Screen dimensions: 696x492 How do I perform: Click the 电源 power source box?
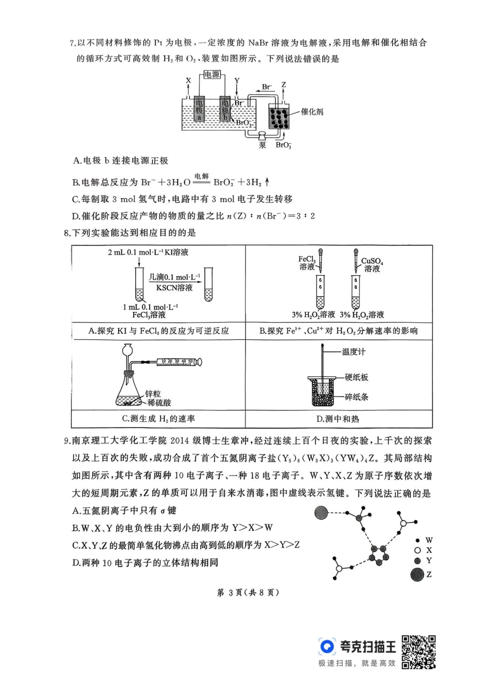(x=212, y=75)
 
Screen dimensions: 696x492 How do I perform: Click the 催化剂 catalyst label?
(x=312, y=111)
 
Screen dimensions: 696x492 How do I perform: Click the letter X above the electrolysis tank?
(x=189, y=80)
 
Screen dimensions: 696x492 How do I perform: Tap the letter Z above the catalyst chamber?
(x=283, y=84)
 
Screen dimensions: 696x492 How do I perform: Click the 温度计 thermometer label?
(x=354, y=352)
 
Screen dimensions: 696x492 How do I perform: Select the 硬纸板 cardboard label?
(x=357, y=377)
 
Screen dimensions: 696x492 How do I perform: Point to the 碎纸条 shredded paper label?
(x=357, y=397)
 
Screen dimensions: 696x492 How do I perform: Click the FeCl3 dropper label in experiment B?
(x=307, y=262)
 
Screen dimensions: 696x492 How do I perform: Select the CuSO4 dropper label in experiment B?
(x=372, y=264)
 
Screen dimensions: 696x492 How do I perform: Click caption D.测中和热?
(x=338, y=419)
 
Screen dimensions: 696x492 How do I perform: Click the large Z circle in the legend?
(x=417, y=574)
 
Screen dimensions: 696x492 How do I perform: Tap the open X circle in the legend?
(x=417, y=551)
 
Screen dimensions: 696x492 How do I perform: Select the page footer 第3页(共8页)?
(x=248, y=593)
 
